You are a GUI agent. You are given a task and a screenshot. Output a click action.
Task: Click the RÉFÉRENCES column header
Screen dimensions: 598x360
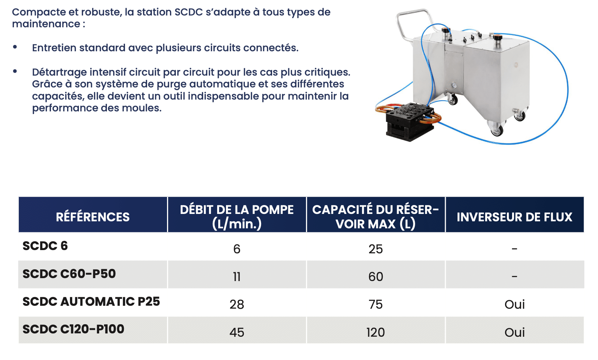[x=93, y=217]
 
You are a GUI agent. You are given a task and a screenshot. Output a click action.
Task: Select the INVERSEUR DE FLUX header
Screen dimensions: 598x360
[x=514, y=217]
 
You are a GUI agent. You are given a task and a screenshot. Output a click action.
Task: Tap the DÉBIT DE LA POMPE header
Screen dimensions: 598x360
[x=237, y=217]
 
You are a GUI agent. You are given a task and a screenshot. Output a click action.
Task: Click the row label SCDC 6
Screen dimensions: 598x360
[x=45, y=246]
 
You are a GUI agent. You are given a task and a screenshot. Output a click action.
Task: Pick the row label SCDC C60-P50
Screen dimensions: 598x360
[x=69, y=274]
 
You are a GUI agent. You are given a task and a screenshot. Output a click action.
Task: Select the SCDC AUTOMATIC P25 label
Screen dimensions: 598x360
[x=91, y=301]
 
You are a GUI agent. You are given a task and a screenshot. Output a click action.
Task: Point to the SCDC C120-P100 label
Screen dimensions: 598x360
[x=73, y=329]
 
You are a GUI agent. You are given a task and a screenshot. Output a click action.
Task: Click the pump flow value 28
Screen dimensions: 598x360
[x=237, y=304]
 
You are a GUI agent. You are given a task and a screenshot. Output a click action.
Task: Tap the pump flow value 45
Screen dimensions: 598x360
[x=237, y=332]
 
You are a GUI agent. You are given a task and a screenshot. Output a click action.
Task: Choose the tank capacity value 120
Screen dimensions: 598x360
[x=376, y=332]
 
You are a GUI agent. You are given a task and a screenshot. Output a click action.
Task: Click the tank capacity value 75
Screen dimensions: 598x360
[x=376, y=304]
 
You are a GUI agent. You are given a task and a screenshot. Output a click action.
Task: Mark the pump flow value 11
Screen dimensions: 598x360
[x=237, y=277]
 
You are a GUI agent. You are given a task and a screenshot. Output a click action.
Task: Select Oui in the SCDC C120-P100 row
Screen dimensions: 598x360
[x=514, y=332]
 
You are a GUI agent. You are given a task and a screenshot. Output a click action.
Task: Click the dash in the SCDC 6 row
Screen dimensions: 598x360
[x=514, y=249]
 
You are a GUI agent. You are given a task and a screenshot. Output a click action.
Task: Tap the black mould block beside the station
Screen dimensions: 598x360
[x=410, y=122]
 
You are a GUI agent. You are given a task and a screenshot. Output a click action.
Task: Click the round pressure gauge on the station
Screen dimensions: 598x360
[x=454, y=86]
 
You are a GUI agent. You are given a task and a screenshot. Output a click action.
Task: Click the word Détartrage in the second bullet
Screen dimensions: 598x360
[x=59, y=72]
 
